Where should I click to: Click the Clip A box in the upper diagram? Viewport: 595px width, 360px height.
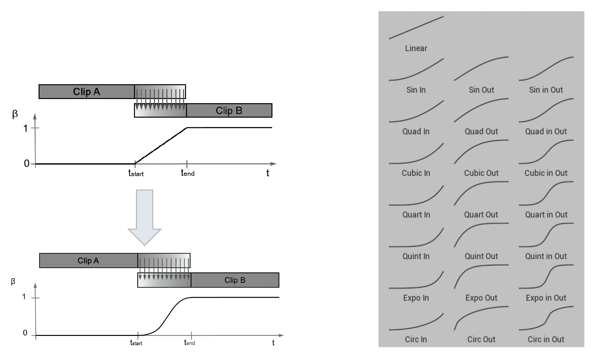86,92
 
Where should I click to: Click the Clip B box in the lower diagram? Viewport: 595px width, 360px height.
235,280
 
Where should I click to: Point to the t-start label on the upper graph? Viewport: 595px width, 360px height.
136,174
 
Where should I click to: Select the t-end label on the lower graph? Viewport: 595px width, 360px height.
190,343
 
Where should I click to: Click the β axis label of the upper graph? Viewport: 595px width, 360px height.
15,114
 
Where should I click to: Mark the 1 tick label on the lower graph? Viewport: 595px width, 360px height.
24,297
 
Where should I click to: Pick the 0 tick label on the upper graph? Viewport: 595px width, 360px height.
26,164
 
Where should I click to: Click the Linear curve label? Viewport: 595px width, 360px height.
416,49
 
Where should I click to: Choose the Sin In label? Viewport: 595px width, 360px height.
416,90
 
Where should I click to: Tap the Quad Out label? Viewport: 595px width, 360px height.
481,131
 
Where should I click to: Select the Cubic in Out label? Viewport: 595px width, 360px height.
546,173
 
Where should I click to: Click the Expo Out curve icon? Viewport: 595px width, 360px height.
481,276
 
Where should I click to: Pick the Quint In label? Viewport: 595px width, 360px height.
416,256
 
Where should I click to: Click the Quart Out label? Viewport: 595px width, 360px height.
481,215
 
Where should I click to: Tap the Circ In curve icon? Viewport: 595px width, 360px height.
416,322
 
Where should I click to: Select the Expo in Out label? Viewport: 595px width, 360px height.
546,298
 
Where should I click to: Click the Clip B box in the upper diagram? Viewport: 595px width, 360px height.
229,111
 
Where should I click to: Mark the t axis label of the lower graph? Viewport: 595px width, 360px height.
273,343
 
